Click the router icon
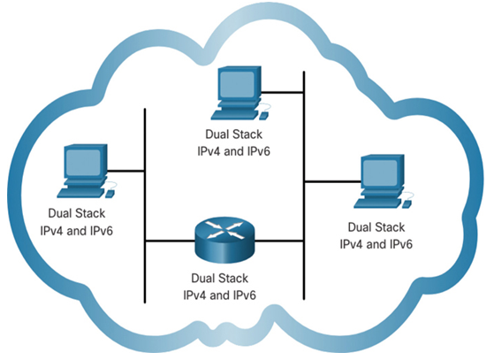[224, 240]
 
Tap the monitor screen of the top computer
[237, 84]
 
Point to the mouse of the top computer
[263, 116]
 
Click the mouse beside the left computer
[110, 194]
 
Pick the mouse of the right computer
[407, 204]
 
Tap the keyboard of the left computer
[81, 193]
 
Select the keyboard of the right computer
[377, 203]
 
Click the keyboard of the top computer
[235, 115]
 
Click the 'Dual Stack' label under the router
[219, 279]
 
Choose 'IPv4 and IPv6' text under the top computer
[234, 151]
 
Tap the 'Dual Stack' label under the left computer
[77, 213]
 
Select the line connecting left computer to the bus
[126, 172]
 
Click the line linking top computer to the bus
[282, 92]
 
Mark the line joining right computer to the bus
[332, 181]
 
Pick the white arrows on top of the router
[224, 230]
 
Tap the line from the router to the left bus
[170, 241]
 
